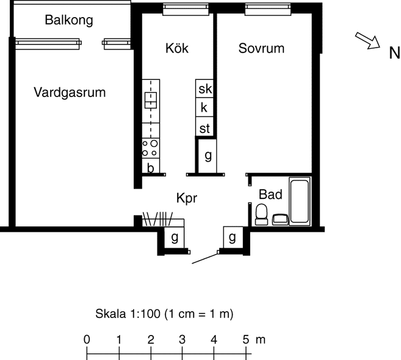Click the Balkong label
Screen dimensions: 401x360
coord(69,20)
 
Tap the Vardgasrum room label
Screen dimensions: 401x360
coord(70,93)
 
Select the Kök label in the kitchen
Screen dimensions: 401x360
coord(177,48)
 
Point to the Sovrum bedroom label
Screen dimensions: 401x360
coord(261,48)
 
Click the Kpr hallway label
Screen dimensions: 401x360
coord(187,198)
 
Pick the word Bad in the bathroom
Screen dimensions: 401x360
coord(270,194)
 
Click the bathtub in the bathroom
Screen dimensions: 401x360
coord(300,201)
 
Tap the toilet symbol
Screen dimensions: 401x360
coord(261,214)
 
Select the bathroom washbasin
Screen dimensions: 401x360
coord(280,220)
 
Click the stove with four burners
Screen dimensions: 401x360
coord(151,148)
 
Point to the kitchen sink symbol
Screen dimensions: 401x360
coord(151,101)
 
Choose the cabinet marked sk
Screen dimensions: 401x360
coord(204,88)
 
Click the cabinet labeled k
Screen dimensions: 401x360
coord(204,107)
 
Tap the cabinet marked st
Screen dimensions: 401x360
coord(204,126)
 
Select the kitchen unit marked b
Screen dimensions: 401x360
coord(151,166)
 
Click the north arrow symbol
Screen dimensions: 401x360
coord(367,41)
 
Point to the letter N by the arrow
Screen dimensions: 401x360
coord(394,53)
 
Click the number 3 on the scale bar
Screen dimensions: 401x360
coord(182,339)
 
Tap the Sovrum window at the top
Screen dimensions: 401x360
coord(268,10)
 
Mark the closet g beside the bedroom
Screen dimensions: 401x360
coord(208,156)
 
